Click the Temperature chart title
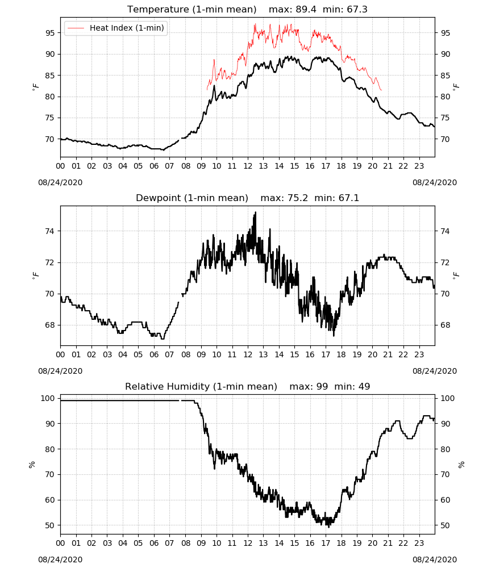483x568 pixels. pos(191,9)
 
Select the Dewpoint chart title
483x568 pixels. pos(192,198)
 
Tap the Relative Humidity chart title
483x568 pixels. pos(201,386)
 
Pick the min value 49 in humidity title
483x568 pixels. pos(364,386)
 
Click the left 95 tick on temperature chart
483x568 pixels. pos(50,33)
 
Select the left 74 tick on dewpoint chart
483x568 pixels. pos(50,231)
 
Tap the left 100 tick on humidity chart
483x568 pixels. pos(48,398)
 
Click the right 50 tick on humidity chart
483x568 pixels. pos(445,525)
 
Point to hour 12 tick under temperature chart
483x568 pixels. pos(248,166)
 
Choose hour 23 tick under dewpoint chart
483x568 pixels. pos(419,354)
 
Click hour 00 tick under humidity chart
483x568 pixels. pos(60,543)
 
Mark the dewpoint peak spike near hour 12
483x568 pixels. pos(256,212)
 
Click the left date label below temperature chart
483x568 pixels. pos(60,182)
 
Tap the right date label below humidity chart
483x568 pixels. pos(435,559)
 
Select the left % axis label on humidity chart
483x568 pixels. pos(32,465)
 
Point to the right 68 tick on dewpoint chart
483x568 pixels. pos(445,325)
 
